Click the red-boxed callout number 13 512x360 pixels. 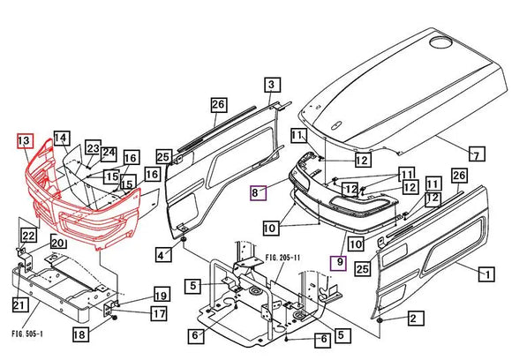coord(25,141)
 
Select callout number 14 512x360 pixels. coord(61,139)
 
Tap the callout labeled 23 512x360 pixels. coord(93,149)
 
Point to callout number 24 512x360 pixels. coord(109,153)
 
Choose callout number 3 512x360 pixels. coord(272,85)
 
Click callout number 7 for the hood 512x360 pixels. coord(476,156)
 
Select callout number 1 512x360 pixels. coord(485,274)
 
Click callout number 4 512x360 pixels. coord(162,256)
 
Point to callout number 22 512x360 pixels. coord(28,236)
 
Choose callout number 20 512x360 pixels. coord(57,244)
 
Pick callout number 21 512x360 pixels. coord(19,305)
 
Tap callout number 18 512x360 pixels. coord(79,335)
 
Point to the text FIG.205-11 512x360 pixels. coord(283,258)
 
